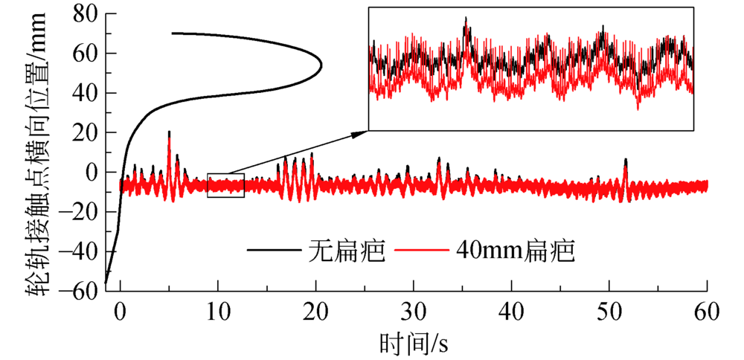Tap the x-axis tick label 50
(609, 311)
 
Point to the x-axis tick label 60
(706, 311)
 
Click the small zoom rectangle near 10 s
(226, 185)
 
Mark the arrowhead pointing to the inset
(364, 132)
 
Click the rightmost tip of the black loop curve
(321, 65)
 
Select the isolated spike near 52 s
(626, 160)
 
